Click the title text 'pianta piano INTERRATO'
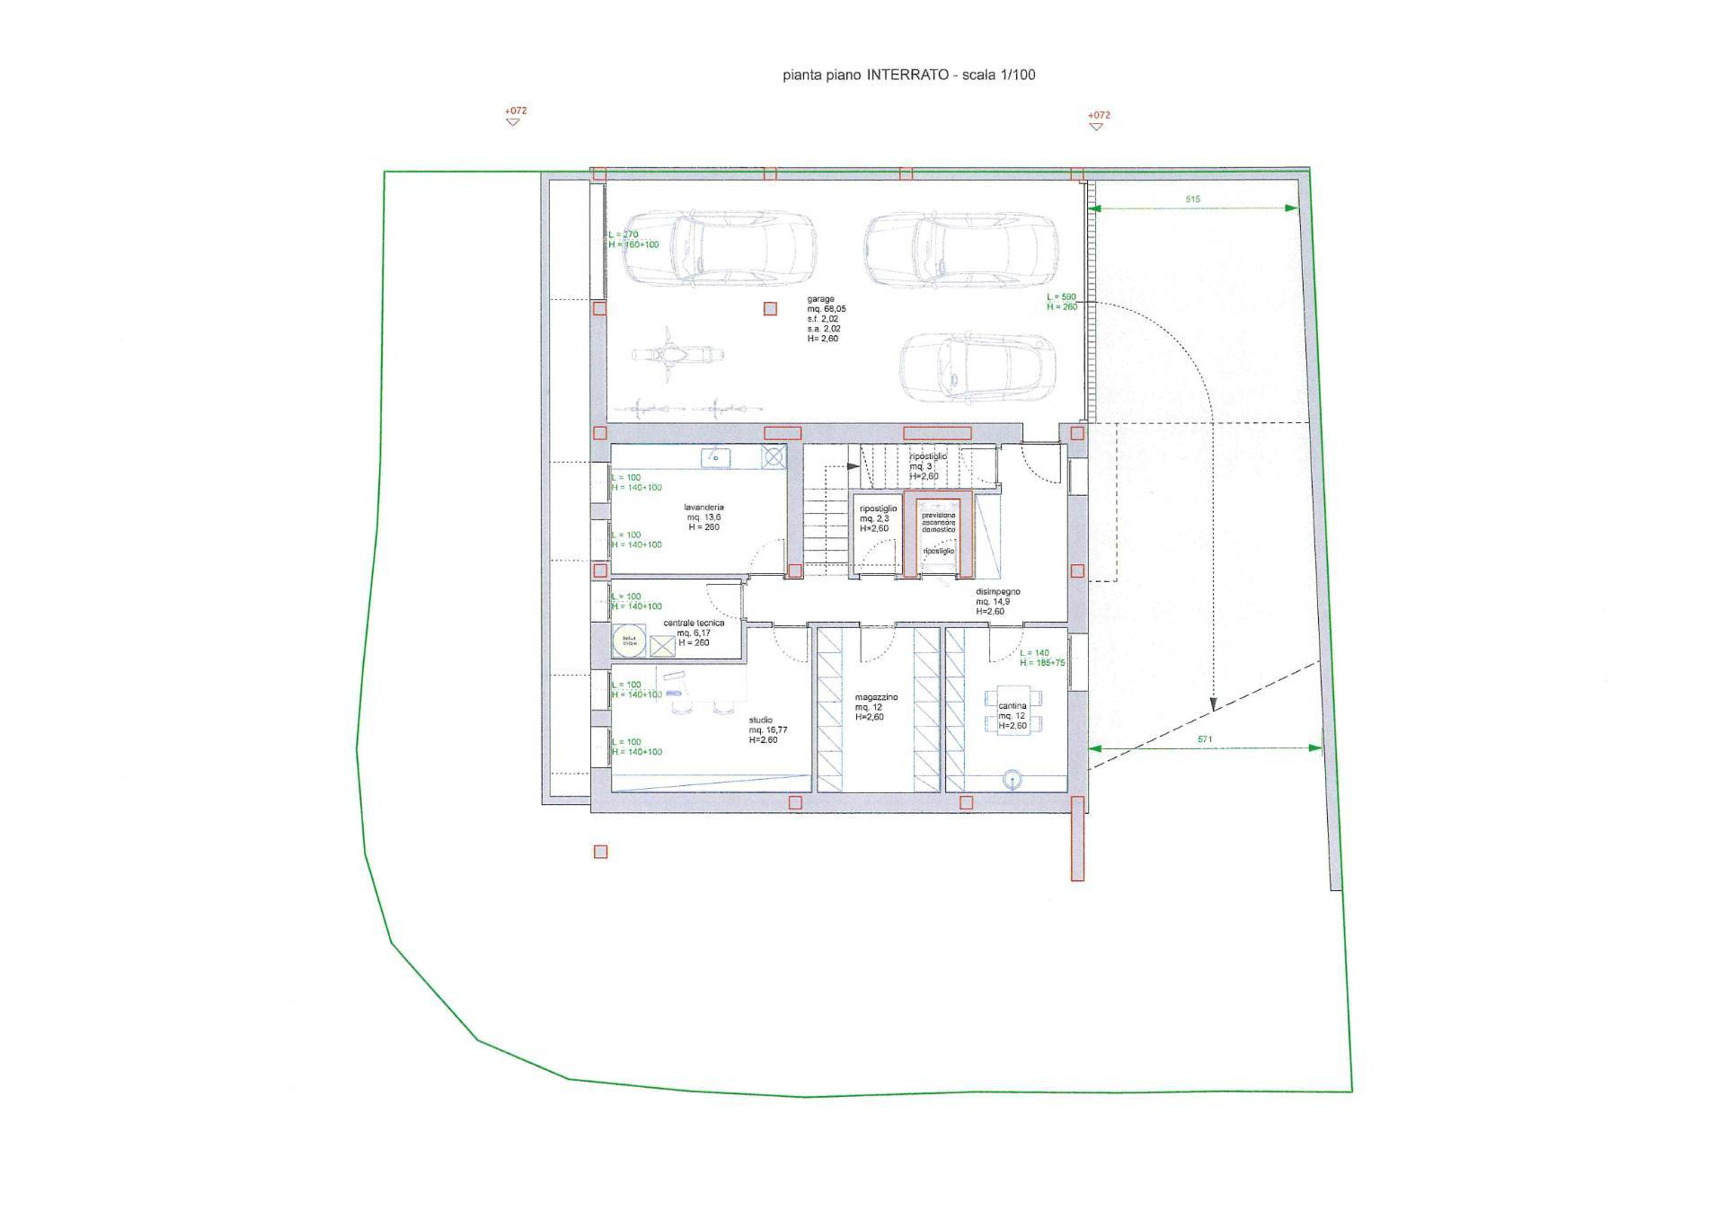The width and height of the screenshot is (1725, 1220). tap(865, 75)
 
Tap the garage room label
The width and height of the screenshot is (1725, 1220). tap(821, 299)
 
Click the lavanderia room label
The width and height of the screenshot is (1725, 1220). tap(703, 508)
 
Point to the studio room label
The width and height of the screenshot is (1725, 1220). tap(761, 720)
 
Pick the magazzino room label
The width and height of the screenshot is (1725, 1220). tap(876, 697)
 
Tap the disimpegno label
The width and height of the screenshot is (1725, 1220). tap(997, 592)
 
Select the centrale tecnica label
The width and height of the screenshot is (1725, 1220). tap(694, 623)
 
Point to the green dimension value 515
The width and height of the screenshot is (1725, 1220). tap(1192, 199)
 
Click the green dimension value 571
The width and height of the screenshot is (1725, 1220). tap(1205, 739)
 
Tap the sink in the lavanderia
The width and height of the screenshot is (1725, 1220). tap(716, 458)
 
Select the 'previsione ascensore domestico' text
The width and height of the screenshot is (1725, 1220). tap(939, 522)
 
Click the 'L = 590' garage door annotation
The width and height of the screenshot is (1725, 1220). tap(1061, 297)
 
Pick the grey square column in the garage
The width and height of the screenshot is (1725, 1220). tap(770, 309)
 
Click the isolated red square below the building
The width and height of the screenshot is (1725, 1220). tap(601, 852)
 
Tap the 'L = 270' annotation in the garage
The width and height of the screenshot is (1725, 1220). tap(624, 235)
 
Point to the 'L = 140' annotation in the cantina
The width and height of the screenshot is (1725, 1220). tap(1034, 653)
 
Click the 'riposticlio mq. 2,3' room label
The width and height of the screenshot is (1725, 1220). tap(878, 514)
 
